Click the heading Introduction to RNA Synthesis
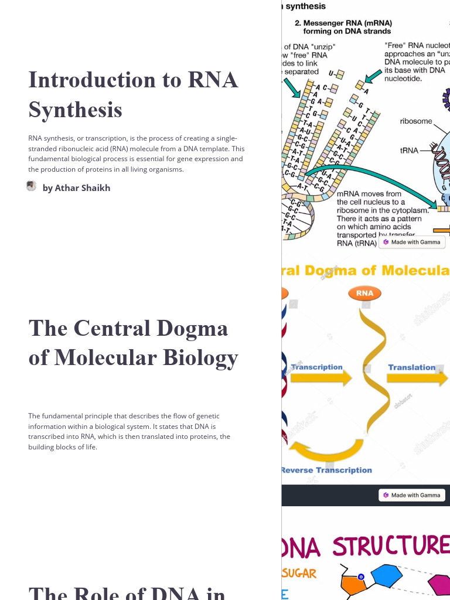tap(134, 94)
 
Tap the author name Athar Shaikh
tap(76, 188)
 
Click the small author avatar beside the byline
tap(32, 186)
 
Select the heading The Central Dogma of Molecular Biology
tap(134, 343)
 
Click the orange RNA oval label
tap(364, 294)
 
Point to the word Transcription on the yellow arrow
tap(316, 367)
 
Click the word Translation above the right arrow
tap(411, 367)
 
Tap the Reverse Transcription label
tap(326, 470)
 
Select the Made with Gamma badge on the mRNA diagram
tap(412, 242)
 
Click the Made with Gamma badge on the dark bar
tap(412, 495)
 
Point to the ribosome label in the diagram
tap(416, 121)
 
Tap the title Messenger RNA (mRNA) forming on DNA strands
tap(343, 27)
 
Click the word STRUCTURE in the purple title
tap(391, 546)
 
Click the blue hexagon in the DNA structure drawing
tap(387, 575)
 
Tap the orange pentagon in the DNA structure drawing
tap(353, 584)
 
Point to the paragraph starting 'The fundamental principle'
tap(129, 431)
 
